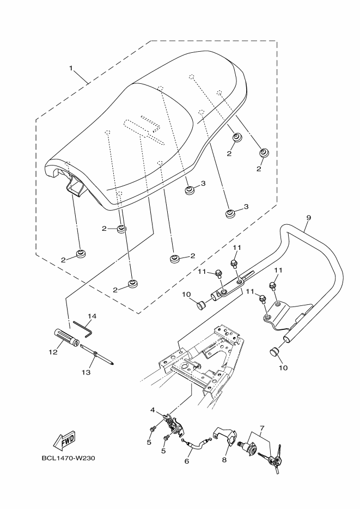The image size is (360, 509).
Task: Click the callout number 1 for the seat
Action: click(x=70, y=68)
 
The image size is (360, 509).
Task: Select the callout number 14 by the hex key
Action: click(x=92, y=316)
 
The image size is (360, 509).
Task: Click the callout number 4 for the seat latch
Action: click(x=153, y=409)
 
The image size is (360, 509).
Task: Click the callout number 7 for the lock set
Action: click(x=262, y=428)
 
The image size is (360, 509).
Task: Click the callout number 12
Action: click(x=53, y=352)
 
